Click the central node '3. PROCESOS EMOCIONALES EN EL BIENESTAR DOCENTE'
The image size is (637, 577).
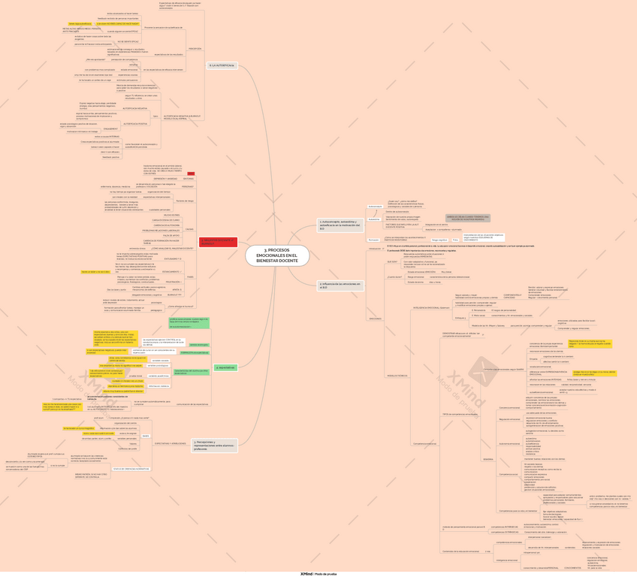[276, 255]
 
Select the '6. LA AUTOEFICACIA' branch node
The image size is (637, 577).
[222, 66]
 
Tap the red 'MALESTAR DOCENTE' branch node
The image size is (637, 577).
[218, 241]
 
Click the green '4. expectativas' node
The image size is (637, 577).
[225, 367]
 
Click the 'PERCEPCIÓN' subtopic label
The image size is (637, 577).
[195, 48]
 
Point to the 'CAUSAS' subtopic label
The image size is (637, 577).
[189, 228]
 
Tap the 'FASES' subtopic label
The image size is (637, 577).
[190, 277]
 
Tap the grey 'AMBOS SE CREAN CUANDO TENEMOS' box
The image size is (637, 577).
[467, 218]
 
